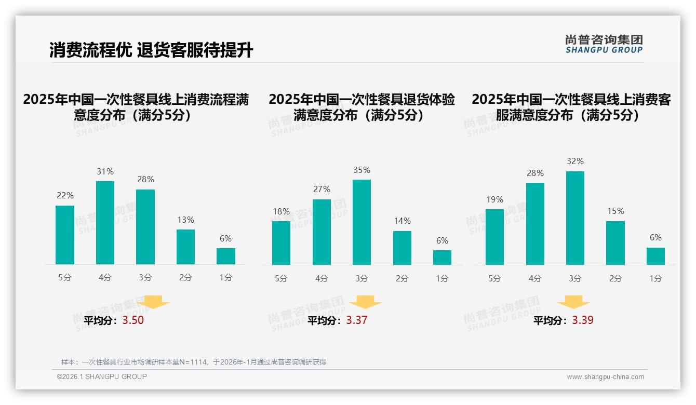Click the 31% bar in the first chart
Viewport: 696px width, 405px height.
(x=105, y=222)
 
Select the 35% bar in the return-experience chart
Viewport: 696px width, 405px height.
(x=362, y=222)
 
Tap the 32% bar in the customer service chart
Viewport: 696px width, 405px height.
(x=575, y=218)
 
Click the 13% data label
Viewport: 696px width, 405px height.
(x=185, y=220)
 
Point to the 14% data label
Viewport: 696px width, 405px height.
(x=402, y=221)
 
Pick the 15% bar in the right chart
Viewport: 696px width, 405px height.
(x=615, y=242)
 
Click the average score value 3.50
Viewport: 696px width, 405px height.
(x=133, y=320)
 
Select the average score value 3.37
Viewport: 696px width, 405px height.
(x=357, y=320)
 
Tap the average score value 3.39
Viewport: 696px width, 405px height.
(x=583, y=320)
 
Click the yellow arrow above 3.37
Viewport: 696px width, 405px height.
(x=365, y=302)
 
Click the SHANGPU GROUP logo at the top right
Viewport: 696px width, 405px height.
(x=604, y=44)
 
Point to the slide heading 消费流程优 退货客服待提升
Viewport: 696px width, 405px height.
(x=151, y=50)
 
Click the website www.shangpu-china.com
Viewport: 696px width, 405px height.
(x=605, y=377)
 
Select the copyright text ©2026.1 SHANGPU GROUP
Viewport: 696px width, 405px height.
(x=102, y=376)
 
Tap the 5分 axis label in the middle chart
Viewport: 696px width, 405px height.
(x=281, y=279)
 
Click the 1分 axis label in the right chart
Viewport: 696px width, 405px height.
(x=655, y=279)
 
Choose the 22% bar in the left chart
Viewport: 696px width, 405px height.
(x=65, y=235)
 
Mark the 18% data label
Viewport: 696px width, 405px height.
(x=281, y=211)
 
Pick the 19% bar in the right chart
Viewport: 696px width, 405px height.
(x=494, y=237)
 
